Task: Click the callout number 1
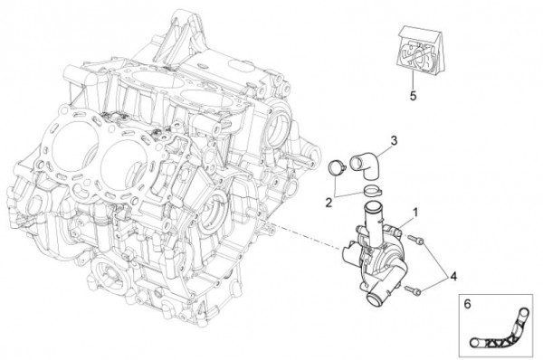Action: tap(414, 213)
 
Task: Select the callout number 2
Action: tap(329, 202)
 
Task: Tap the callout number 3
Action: tap(394, 141)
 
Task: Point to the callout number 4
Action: tap(453, 277)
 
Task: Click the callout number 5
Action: tap(413, 95)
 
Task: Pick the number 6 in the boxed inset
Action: tap(468, 304)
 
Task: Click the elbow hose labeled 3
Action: tap(367, 166)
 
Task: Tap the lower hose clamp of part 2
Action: tap(372, 189)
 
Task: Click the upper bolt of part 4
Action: tap(415, 240)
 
